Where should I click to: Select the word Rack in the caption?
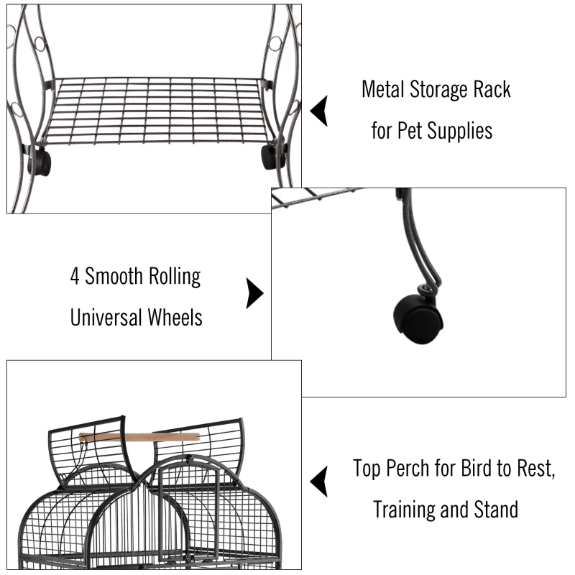(494, 90)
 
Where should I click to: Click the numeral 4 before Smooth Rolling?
(75, 277)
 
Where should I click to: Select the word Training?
(404, 510)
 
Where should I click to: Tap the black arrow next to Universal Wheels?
(254, 294)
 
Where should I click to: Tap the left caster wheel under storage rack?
(40, 162)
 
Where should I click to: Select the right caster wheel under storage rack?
(272, 155)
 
